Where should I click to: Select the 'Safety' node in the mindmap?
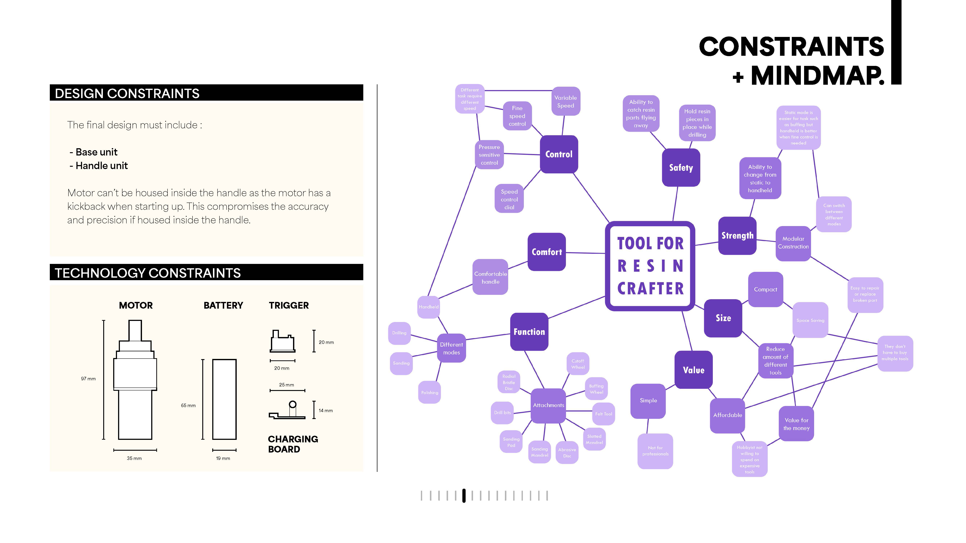pos(681,167)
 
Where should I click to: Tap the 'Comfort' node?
pos(546,252)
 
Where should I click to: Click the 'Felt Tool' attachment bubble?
pos(603,414)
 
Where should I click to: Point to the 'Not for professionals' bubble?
pos(655,451)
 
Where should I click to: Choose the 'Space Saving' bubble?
pos(810,320)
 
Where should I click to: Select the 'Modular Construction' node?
pos(793,243)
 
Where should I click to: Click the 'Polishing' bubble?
pos(429,392)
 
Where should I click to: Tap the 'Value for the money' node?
pos(796,424)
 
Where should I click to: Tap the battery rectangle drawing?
pos(224,399)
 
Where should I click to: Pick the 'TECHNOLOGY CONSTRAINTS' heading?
pos(148,273)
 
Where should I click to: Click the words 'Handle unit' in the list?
pos(102,166)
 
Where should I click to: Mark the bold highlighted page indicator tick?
pos(464,495)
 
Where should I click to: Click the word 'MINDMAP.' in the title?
pos(817,76)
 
